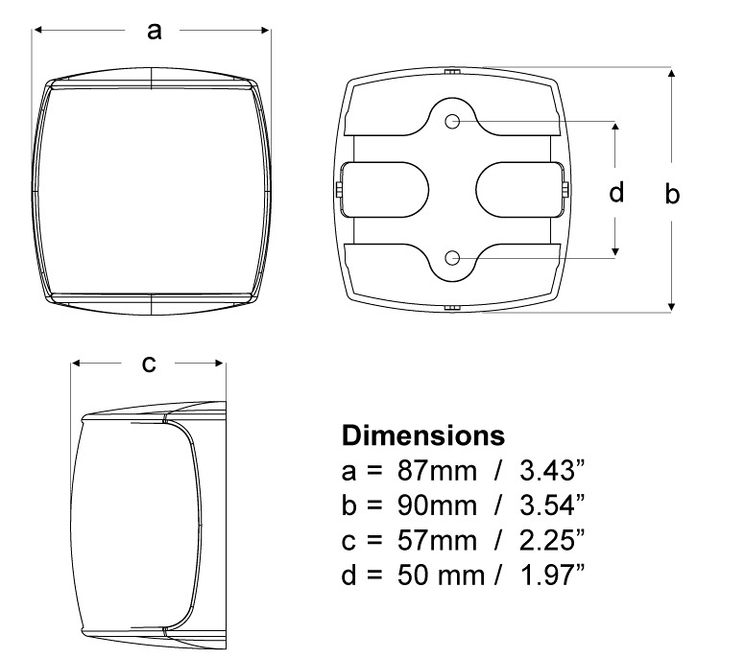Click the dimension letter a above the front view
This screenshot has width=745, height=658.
(154, 31)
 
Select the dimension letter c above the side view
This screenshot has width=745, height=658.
(149, 364)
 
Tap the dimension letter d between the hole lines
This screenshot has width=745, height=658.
(617, 193)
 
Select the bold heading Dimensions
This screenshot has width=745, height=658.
(423, 435)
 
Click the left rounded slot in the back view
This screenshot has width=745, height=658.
(384, 190)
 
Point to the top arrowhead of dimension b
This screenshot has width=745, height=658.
(672, 74)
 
